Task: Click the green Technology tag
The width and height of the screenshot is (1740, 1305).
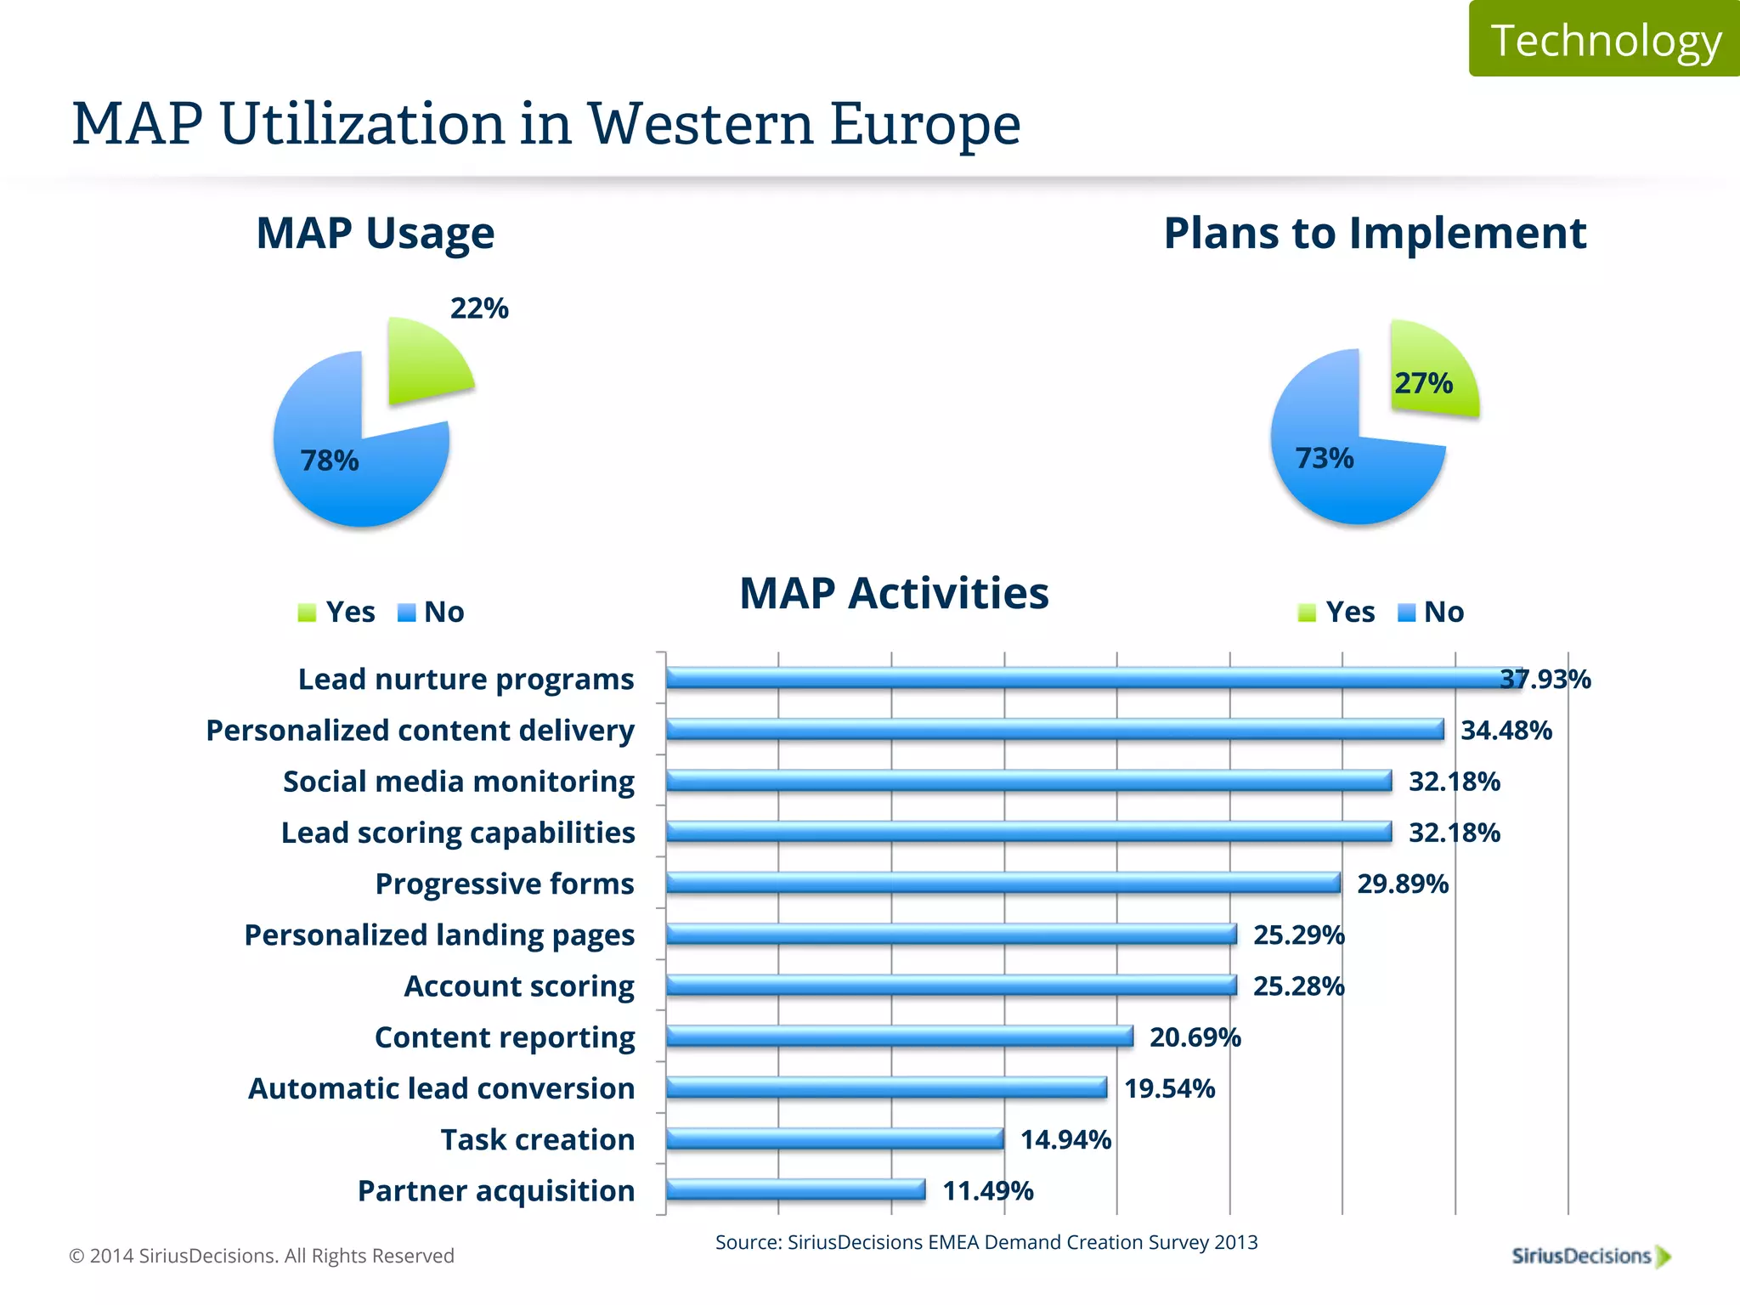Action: coord(1604,39)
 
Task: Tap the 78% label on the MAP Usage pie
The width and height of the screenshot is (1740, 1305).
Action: coord(330,460)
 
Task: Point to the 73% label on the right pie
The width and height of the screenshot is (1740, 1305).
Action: coord(1324,459)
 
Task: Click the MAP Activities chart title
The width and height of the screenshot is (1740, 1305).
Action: coord(894,593)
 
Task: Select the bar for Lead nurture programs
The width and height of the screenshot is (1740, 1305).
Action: coord(1087,678)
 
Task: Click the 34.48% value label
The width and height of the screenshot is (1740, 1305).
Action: coord(1506,731)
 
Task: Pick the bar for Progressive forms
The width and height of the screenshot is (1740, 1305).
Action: coord(1003,883)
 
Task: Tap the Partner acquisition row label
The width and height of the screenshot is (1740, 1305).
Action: coord(495,1191)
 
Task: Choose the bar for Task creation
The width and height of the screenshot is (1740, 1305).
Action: coord(834,1138)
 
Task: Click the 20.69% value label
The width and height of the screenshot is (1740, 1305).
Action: coord(1195,1037)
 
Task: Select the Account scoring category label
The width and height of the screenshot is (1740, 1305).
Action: coord(518,986)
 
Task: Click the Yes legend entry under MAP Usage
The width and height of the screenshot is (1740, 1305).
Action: coord(337,612)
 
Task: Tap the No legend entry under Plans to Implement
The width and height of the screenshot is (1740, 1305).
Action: coord(1432,612)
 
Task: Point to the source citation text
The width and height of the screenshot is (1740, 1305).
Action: coord(986,1242)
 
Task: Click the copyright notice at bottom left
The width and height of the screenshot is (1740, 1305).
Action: coord(262,1256)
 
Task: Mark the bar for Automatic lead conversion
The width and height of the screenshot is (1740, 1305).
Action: coord(885,1087)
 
